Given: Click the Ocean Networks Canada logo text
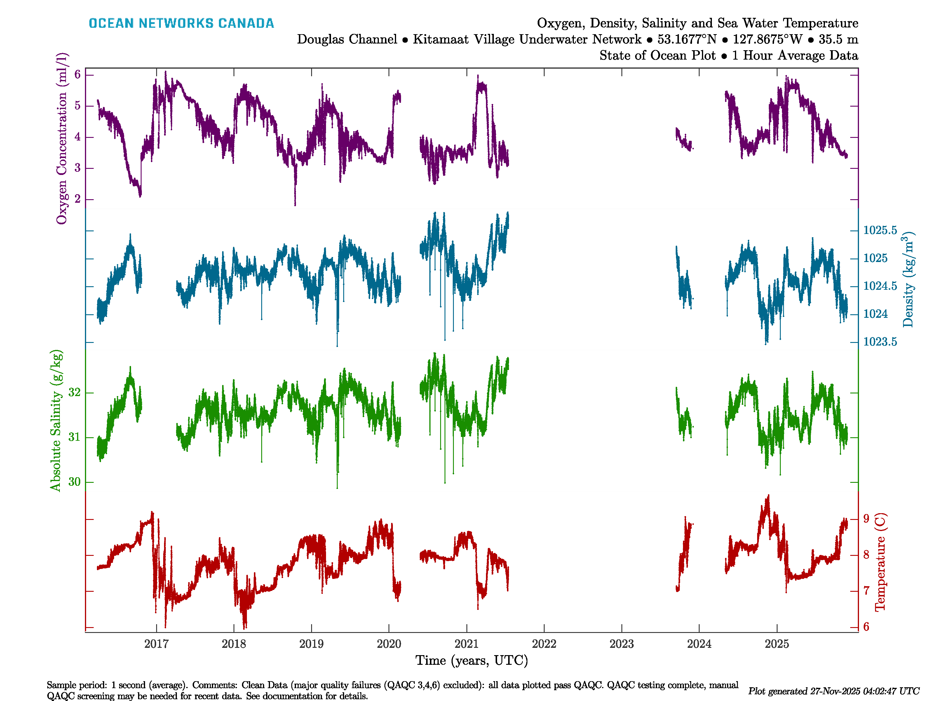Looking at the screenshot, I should [181, 23].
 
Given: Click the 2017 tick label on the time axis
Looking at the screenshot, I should [156, 644].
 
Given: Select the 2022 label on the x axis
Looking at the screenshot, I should [544, 644].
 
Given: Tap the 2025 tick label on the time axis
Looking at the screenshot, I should [776, 644].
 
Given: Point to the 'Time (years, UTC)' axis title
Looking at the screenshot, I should [472, 660].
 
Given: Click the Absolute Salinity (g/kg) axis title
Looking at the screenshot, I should [56, 420].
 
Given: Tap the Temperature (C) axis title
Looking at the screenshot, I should [880, 562].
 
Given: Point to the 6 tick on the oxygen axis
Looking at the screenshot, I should [77, 75].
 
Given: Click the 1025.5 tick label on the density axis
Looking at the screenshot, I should [880, 230].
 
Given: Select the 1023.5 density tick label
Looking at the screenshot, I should [880, 342].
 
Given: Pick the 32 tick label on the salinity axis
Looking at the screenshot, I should [74, 393].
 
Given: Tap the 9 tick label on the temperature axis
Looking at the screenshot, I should [867, 519].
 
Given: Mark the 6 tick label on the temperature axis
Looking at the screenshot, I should [867, 627].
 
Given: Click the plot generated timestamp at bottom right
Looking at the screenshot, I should [834, 691].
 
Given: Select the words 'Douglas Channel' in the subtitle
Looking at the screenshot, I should [347, 39].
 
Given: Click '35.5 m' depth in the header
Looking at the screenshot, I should [838, 39].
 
